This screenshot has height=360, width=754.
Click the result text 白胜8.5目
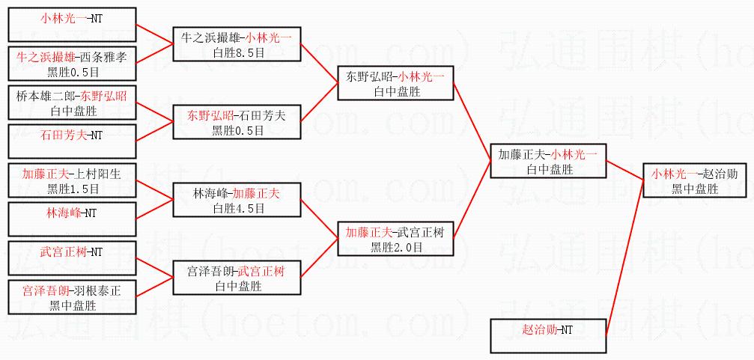[237, 51]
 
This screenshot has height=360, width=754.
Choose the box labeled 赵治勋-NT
[547, 335]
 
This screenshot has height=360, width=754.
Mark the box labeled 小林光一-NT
[72, 24]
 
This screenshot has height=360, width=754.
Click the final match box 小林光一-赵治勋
[695, 180]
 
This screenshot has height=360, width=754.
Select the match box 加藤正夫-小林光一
[547, 161]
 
